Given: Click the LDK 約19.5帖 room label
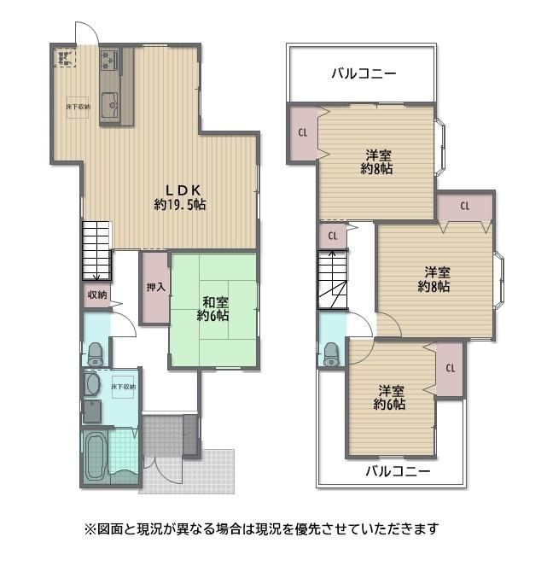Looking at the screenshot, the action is (x=180, y=197).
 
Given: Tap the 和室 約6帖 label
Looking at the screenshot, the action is (x=212, y=309).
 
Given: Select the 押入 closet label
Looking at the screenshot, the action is (x=156, y=287).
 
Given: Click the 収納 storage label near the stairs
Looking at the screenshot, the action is (x=97, y=295).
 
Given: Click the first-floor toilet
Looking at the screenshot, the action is (x=96, y=354).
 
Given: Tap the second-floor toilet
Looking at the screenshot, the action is (x=331, y=354).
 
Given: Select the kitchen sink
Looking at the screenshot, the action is (x=110, y=105).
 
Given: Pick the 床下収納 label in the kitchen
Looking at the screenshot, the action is (x=78, y=107).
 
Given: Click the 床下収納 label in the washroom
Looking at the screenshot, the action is (x=124, y=387).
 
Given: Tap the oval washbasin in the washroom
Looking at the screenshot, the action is (x=92, y=383).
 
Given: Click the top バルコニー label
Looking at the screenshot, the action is (x=364, y=73).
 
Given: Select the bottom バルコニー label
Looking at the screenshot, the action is (x=398, y=471).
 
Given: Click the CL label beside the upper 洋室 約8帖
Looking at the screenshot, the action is (x=303, y=132).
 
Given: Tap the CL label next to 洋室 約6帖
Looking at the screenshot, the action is (x=451, y=368).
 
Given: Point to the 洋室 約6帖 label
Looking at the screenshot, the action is (x=390, y=397).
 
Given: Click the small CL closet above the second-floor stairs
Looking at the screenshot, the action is (x=333, y=236).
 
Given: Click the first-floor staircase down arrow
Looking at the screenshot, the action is (x=96, y=277).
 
